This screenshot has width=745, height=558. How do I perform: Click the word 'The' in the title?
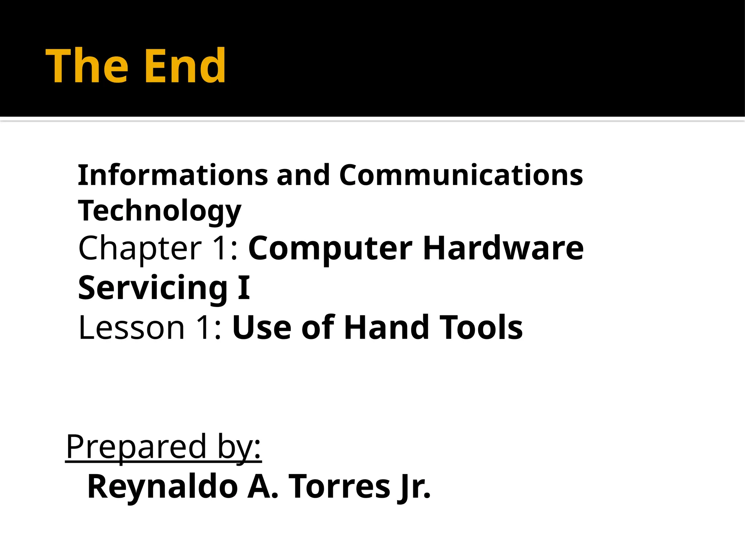coord(87,66)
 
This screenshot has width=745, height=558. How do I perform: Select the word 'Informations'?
coord(173,175)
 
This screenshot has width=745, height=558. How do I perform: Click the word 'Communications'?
coord(461,175)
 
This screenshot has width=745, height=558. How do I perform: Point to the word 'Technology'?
coord(159,211)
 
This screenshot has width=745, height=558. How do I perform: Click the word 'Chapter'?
coord(140,249)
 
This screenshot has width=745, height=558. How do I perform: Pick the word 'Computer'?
coord(330,249)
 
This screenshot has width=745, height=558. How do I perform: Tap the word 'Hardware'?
coord(503,249)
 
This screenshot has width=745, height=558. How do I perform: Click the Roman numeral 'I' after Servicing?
coord(244,288)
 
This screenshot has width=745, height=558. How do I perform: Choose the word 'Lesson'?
coord(132,328)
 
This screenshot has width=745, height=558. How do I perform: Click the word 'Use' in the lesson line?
coord(262,328)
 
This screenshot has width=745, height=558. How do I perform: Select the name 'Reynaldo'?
coord(163,487)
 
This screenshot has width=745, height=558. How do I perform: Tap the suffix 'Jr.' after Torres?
coord(415,488)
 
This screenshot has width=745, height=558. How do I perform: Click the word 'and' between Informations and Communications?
coord(303,175)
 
